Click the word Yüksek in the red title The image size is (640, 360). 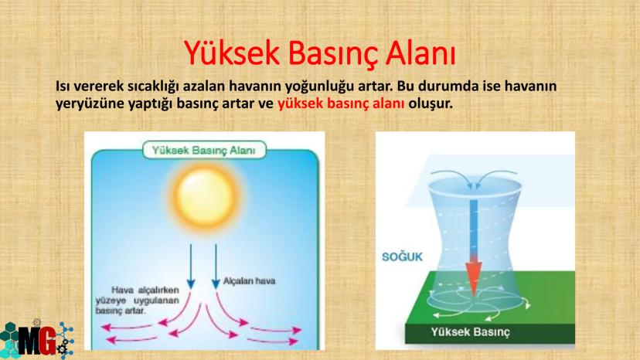pos(232,53)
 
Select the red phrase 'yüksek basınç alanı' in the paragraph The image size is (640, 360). pos(341,104)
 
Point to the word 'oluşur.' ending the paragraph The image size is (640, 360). pos(431,104)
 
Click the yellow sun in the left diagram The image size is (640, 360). pos(205,195)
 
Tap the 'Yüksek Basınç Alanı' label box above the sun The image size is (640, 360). pos(204,150)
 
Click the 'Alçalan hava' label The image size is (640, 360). pos(249,281)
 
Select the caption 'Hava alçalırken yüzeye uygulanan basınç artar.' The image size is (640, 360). pos(137,301)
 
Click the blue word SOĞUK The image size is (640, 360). pos(402,256)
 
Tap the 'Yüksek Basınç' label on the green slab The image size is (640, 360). pos(470,332)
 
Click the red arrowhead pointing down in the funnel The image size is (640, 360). pos(474,275)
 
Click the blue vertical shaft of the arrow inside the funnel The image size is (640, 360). pos(474,228)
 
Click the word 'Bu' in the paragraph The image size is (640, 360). pos(406,86)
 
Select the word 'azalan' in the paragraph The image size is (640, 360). pos(204,86)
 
